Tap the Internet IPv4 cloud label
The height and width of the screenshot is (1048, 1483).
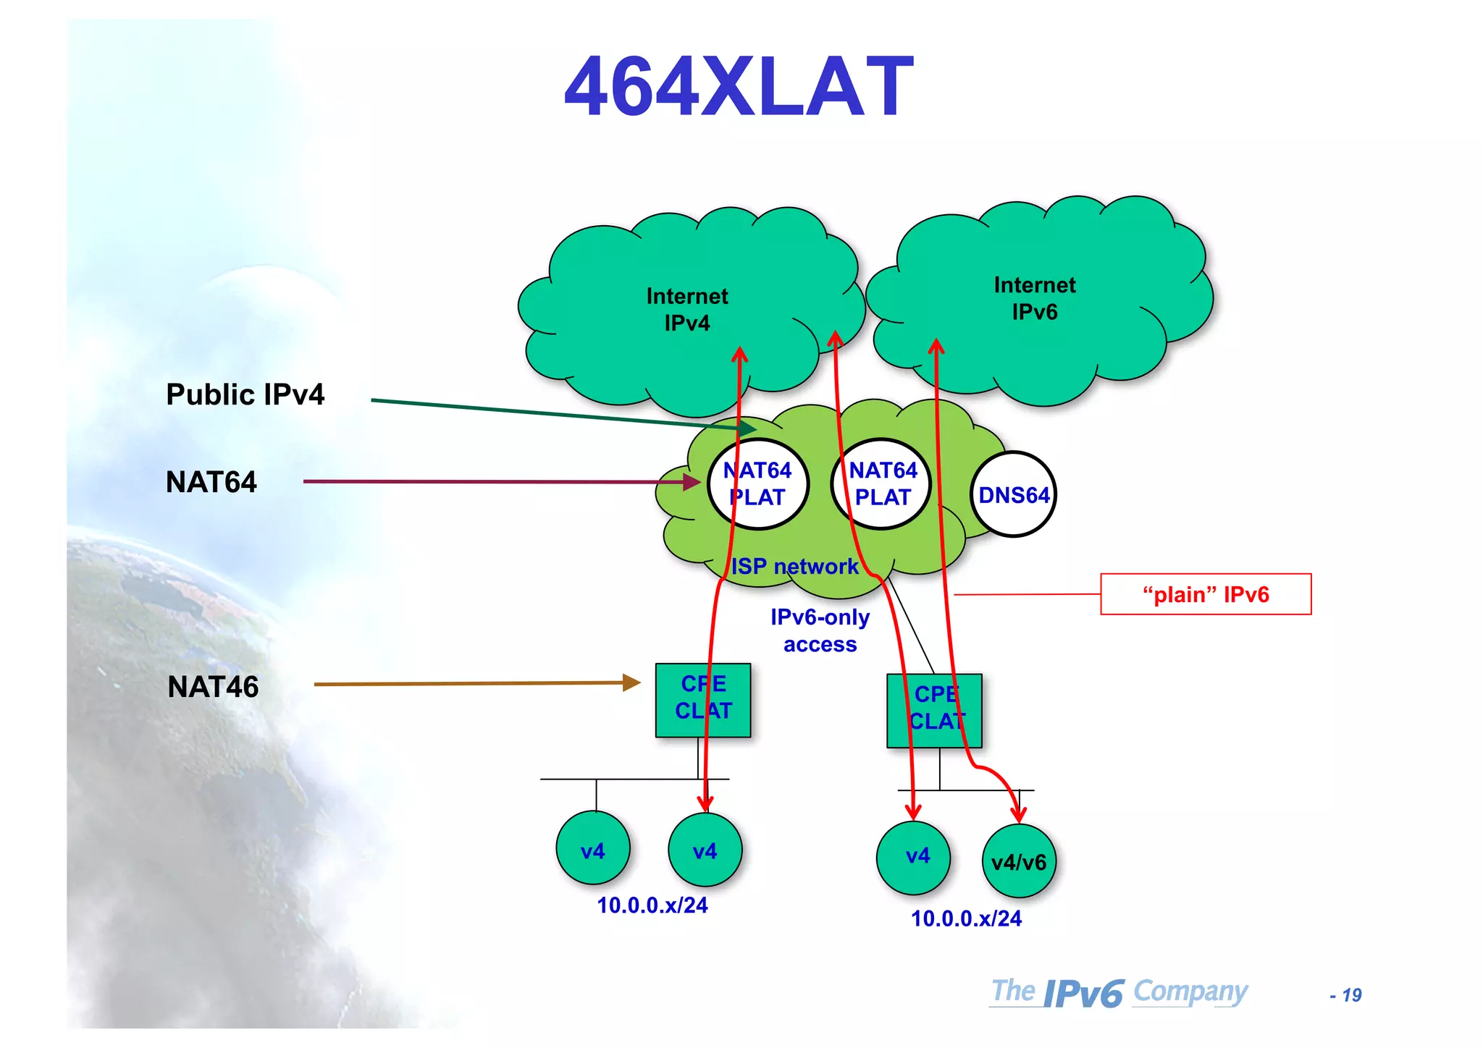point(686,309)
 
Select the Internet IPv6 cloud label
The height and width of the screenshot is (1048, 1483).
point(1034,298)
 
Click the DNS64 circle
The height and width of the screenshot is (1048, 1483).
point(1013,495)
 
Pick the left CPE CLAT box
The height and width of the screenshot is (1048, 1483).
point(702,699)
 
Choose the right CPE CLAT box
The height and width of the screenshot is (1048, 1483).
point(934,710)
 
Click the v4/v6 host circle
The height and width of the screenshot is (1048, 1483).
point(1019,861)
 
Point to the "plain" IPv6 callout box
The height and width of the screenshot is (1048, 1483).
point(1206,594)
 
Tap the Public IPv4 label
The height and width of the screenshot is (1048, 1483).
point(245,394)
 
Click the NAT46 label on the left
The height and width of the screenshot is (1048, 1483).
point(213,686)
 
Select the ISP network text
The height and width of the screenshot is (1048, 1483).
point(794,566)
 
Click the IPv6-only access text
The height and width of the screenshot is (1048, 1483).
point(820,630)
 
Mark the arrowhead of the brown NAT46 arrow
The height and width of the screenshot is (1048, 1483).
point(633,683)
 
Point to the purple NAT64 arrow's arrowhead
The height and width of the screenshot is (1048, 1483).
point(692,481)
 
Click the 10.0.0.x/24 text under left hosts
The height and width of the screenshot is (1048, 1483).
point(652,905)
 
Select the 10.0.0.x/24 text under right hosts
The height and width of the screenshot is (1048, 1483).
point(966,918)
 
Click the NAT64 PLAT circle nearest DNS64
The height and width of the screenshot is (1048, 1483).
point(882,484)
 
